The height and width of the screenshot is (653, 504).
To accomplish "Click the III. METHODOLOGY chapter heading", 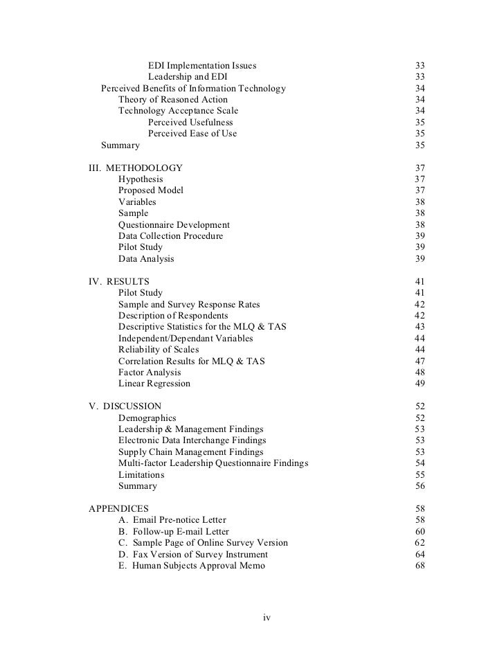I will (136, 168).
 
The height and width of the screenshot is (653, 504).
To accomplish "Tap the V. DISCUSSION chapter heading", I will (125, 406).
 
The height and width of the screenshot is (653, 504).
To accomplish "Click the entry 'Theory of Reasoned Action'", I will (172, 100).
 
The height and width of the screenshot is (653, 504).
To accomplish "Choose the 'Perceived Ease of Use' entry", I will (192, 134).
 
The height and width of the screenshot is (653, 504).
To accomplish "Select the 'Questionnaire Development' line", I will (174, 225).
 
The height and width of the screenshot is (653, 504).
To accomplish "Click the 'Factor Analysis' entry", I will (150, 373).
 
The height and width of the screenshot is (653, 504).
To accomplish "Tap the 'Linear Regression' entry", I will (154, 384).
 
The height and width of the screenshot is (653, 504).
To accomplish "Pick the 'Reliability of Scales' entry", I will (159, 350).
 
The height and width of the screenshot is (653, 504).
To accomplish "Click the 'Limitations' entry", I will (141, 475).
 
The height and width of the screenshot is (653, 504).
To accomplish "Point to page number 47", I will (420, 361).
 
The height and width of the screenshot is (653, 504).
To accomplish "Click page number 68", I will (420, 566).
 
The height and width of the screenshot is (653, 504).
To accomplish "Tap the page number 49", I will (420, 384).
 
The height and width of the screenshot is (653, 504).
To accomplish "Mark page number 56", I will (420, 486).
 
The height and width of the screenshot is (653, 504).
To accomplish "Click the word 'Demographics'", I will (147, 418).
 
